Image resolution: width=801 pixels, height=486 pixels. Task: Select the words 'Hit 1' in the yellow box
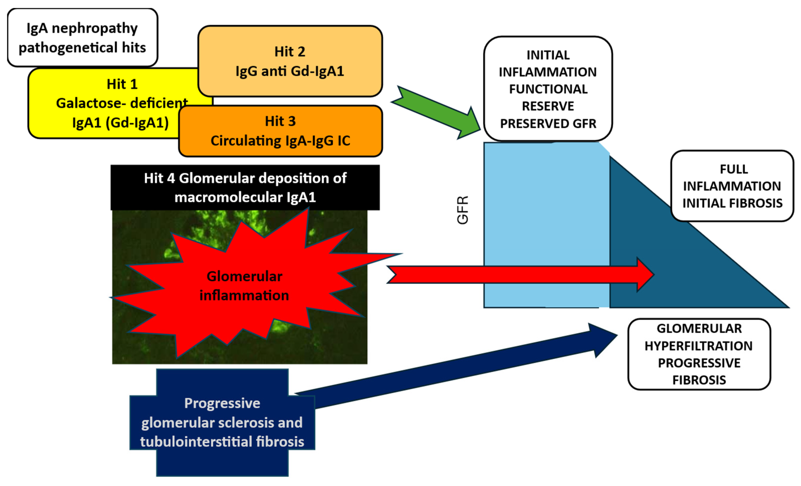click(122, 84)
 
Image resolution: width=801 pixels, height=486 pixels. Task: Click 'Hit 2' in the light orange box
click(290, 52)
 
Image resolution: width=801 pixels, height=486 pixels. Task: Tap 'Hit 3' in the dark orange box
click(280, 121)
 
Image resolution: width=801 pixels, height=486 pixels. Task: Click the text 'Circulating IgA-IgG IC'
click(280, 141)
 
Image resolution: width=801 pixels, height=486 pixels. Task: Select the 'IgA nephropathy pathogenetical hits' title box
click(82, 38)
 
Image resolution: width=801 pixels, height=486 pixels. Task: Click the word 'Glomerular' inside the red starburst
click(244, 277)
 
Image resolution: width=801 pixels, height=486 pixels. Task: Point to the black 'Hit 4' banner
click(245, 187)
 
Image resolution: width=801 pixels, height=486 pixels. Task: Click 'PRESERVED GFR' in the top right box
click(548, 123)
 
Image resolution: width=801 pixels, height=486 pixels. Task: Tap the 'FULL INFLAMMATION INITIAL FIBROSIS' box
click(732, 186)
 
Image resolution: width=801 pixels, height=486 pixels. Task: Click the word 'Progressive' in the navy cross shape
click(222, 403)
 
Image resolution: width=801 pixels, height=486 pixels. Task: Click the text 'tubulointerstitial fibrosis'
click(222, 442)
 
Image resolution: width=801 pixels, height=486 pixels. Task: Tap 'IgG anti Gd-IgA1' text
click(290, 71)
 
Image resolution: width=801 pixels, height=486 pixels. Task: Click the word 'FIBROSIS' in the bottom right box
click(699, 380)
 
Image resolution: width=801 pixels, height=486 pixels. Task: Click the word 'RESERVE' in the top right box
click(548, 106)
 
